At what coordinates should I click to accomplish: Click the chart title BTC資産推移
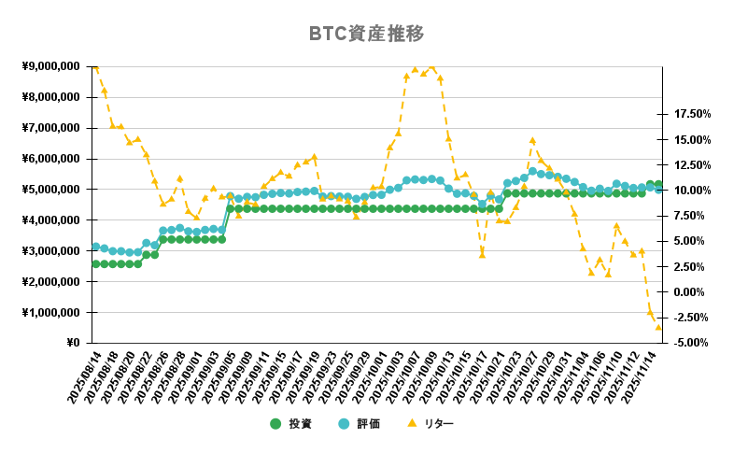point(366,34)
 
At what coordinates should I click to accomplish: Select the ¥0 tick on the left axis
point(73,343)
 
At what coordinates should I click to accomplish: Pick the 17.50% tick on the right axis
point(693,114)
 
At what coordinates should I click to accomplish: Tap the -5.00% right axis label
point(693,343)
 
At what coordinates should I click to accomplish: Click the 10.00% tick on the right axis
point(693,191)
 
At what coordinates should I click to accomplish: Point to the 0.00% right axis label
point(693,292)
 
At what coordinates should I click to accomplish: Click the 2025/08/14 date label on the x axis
point(84,377)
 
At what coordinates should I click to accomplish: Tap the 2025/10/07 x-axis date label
point(400,377)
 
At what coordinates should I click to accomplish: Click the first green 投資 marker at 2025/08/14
point(95,263)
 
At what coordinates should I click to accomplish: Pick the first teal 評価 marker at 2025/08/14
point(95,247)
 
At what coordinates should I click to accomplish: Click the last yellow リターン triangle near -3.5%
point(658,327)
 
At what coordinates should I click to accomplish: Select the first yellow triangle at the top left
point(95,67)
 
